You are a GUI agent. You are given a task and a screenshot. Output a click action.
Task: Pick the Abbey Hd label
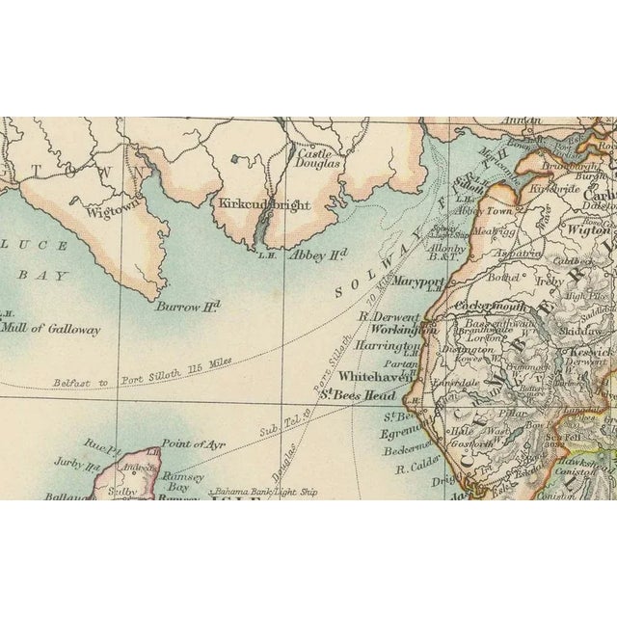pos(318,255)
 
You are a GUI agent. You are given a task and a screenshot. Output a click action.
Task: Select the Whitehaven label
pos(373,378)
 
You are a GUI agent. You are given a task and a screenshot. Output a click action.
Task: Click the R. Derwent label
pos(389,315)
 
